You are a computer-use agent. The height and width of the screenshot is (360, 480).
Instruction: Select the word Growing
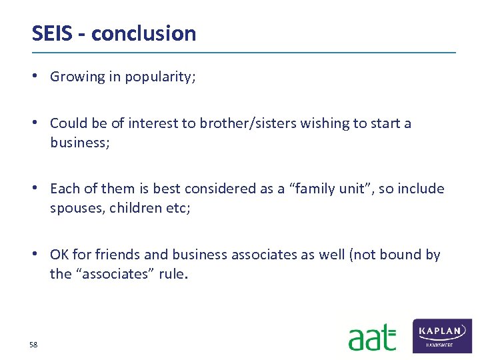point(77,77)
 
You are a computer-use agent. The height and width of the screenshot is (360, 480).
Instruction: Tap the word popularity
point(159,77)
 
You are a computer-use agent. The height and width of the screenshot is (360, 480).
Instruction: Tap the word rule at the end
point(171,273)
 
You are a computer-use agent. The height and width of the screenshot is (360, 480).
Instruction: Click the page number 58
point(33,345)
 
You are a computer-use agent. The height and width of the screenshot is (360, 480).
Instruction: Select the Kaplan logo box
point(442,335)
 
